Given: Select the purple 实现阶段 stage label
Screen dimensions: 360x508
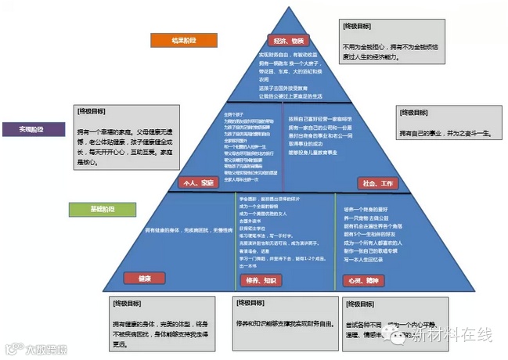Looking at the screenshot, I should (x=32, y=129).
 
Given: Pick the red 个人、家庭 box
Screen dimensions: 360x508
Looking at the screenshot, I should (x=196, y=182).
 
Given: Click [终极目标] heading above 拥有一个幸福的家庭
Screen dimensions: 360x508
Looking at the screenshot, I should (x=91, y=110).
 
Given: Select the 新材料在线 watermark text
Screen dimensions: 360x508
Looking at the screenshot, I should (x=452, y=336).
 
